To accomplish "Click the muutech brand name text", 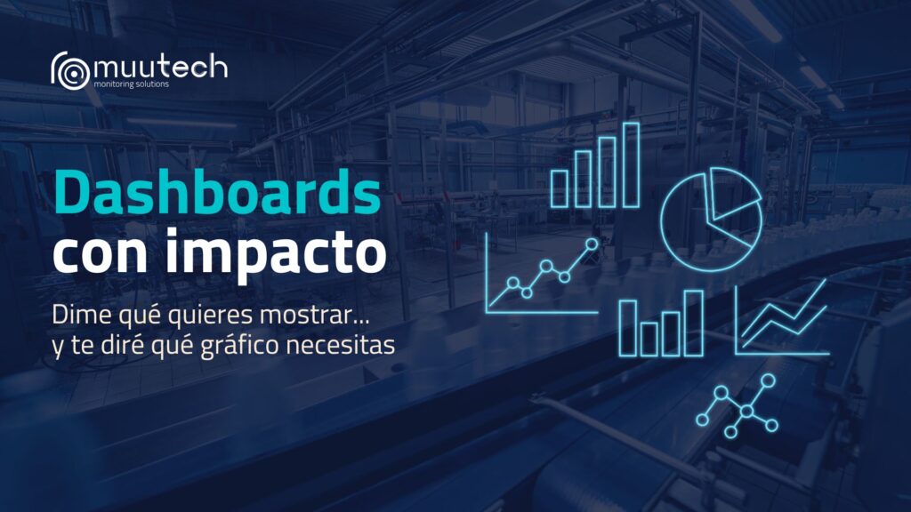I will [x=159, y=68].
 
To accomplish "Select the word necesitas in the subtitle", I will [x=344, y=348].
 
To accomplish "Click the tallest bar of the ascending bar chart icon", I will [x=631, y=164].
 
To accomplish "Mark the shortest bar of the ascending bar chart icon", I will [x=560, y=187].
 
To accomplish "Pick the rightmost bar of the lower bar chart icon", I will [x=694, y=323].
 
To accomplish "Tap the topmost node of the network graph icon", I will [x=768, y=380].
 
